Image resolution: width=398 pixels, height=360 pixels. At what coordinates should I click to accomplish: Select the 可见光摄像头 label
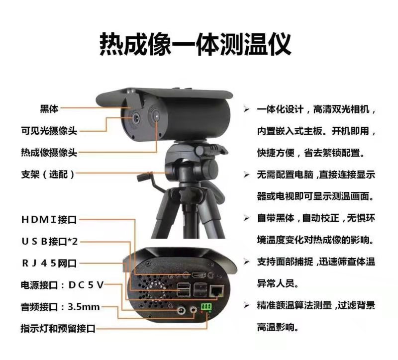pos(49,131)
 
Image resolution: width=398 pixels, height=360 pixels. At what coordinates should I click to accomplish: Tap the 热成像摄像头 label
pos(49,152)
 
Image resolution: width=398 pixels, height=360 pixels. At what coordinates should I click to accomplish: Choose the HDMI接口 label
pos(49,219)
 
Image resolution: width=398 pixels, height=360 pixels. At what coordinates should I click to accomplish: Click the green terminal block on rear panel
pos(205,308)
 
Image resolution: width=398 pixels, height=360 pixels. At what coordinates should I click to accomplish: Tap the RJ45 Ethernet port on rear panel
pos(216,289)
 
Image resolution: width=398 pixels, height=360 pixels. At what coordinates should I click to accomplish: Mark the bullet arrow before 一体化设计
pos(247,109)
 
